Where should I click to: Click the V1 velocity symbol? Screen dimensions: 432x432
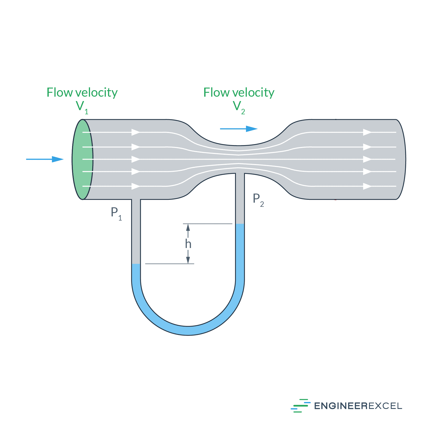82,107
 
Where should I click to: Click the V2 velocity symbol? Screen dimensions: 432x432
238,107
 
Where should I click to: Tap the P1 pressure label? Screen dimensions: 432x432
116,213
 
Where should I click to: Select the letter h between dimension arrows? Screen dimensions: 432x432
188,244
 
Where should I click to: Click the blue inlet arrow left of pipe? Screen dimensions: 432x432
45,159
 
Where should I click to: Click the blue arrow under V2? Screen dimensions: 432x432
239,129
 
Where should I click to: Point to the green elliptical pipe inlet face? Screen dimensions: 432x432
82,159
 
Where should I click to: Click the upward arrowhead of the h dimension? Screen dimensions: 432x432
188,227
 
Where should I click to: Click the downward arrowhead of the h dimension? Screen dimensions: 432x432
188,260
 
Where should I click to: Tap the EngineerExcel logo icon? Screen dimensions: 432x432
301,406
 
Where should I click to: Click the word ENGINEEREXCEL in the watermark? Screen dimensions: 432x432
358,406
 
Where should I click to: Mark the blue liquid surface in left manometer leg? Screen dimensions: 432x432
136,264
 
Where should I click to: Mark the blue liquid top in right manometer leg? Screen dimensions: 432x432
240,224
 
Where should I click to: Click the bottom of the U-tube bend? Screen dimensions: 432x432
188,330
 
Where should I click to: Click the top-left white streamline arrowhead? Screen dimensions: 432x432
136,132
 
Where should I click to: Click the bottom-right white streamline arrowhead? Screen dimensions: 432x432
367,186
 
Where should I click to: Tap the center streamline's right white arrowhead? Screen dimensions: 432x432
367,159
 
